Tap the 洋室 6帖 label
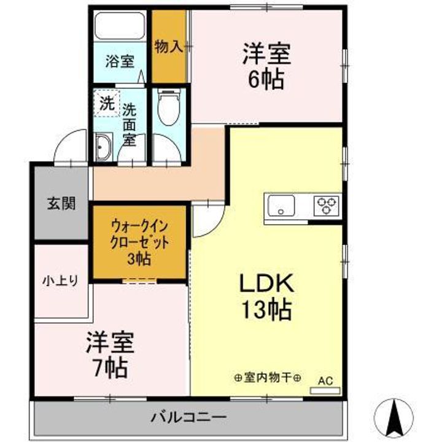tap(266, 66)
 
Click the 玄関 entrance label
tap(61, 204)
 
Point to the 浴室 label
tap(119, 61)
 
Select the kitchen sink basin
tap(280, 204)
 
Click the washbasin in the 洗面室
tap(102, 148)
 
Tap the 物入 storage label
tap(168, 47)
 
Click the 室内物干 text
tap(268, 378)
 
